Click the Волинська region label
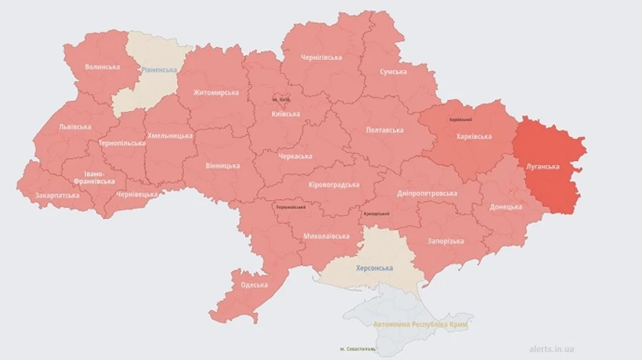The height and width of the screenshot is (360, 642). click(x=102, y=67)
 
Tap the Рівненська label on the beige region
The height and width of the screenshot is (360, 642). click(x=158, y=69)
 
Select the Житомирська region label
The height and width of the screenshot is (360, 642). click(x=215, y=93)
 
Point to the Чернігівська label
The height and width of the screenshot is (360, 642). click(x=321, y=57)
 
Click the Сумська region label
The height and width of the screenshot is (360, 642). click(x=393, y=72)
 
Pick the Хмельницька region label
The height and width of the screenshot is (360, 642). click(x=170, y=135)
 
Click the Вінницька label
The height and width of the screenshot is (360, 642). click(x=222, y=165)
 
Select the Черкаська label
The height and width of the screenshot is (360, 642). click(x=295, y=156)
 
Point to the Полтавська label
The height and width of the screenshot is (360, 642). click(x=384, y=130)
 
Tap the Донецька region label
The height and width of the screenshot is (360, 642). click(x=506, y=207)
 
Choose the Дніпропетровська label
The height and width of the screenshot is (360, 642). click(x=427, y=193)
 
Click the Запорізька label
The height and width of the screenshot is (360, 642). click(x=447, y=242)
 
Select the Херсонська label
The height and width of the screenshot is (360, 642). click(x=374, y=268)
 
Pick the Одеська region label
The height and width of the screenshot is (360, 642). click(x=254, y=285)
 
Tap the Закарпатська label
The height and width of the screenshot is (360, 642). click(x=58, y=195)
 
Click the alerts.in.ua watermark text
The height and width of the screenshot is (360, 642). click(x=551, y=349)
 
